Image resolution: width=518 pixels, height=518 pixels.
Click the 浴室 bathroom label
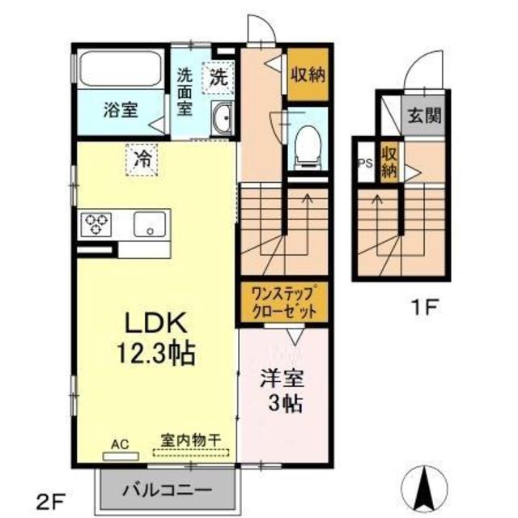(x=119, y=111)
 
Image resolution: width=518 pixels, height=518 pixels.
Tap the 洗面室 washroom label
(x=185, y=91)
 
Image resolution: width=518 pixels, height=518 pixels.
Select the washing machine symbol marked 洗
(x=219, y=78)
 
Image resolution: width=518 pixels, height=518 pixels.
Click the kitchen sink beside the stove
(x=151, y=223)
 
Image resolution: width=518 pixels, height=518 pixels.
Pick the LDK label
(x=156, y=325)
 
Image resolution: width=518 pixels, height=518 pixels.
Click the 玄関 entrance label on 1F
(x=424, y=115)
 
